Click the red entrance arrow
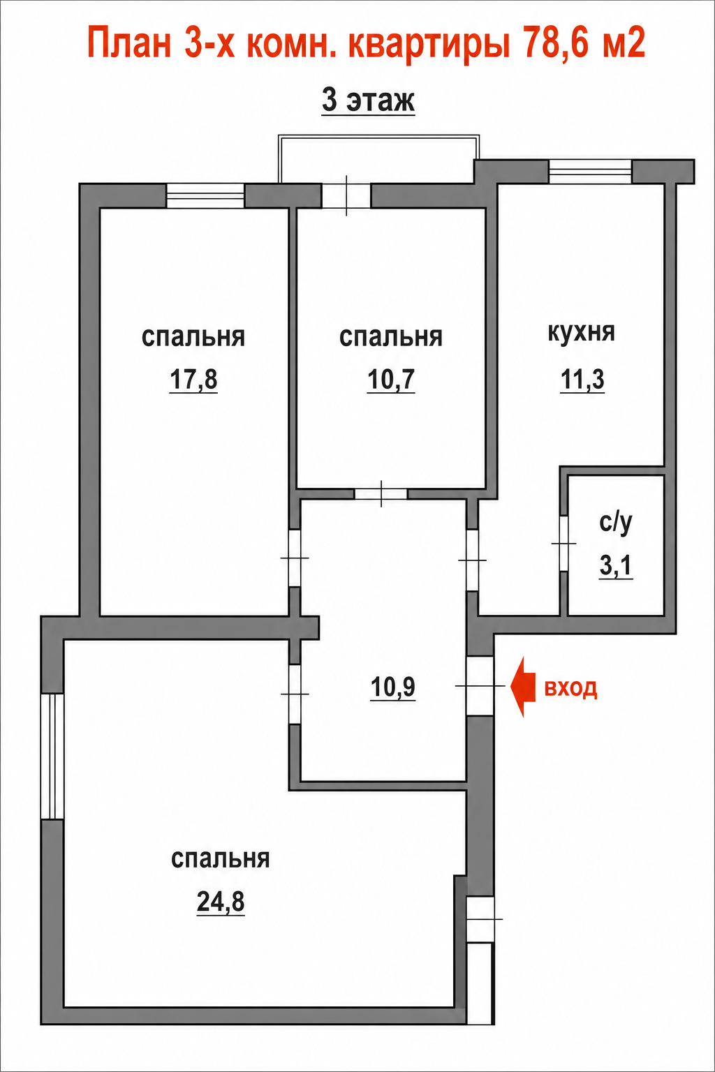point(523,687)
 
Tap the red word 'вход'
point(570,688)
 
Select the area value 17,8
point(193,380)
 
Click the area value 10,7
point(391,380)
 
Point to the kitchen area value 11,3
point(582,380)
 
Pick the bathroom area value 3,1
point(616,566)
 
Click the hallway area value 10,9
point(392,687)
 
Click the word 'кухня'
point(582,332)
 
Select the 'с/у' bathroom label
point(616,522)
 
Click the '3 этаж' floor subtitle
point(368,100)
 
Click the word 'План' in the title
point(129,43)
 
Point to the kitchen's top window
point(590,171)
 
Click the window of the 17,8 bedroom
point(205,195)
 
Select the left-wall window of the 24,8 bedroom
point(52,756)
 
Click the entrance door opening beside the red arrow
point(480,686)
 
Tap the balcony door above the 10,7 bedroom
point(346,195)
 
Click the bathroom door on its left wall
point(563,543)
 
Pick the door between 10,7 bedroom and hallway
point(381,494)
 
